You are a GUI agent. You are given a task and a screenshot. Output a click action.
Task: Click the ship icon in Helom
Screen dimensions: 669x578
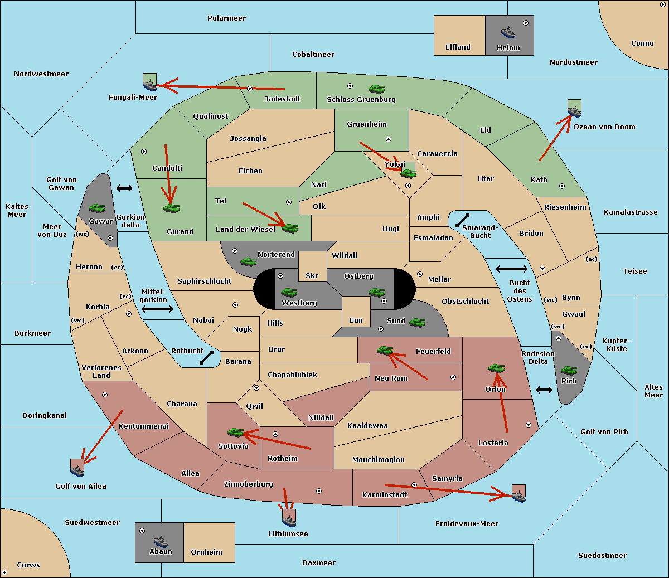pos(508,33)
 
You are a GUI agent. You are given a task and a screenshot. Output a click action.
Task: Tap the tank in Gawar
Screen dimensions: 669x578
pos(97,208)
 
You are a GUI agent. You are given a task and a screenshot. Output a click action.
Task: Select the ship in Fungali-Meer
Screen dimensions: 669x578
pos(149,85)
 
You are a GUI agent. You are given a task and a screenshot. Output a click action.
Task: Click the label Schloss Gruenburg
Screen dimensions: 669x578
pos(361,99)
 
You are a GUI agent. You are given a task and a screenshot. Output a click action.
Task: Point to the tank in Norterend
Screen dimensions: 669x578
pos(248,261)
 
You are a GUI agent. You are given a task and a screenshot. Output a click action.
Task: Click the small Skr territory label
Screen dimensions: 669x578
pos(312,275)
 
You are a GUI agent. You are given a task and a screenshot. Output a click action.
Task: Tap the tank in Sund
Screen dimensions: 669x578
pos(417,322)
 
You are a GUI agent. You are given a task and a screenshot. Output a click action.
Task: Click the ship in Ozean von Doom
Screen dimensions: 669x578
pos(574,111)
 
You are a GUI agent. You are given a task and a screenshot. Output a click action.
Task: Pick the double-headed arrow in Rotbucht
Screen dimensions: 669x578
pos(206,357)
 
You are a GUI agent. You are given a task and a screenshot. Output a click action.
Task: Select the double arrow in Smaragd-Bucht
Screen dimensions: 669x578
pos(462,220)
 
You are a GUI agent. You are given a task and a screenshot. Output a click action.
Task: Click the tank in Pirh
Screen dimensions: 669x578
pos(569,370)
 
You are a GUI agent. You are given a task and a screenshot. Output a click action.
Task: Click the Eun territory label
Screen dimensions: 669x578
pos(356,320)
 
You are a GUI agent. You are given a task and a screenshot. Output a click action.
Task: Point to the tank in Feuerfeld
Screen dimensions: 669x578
pos(385,350)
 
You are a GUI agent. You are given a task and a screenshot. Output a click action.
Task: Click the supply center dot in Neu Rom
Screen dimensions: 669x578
pos(453,377)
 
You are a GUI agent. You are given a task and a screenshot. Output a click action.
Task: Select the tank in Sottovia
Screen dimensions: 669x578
pos(236,432)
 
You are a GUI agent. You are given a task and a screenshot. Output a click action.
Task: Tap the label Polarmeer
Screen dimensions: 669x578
pos(226,18)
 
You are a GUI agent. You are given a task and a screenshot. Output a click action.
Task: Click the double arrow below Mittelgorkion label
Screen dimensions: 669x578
pos(157,309)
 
